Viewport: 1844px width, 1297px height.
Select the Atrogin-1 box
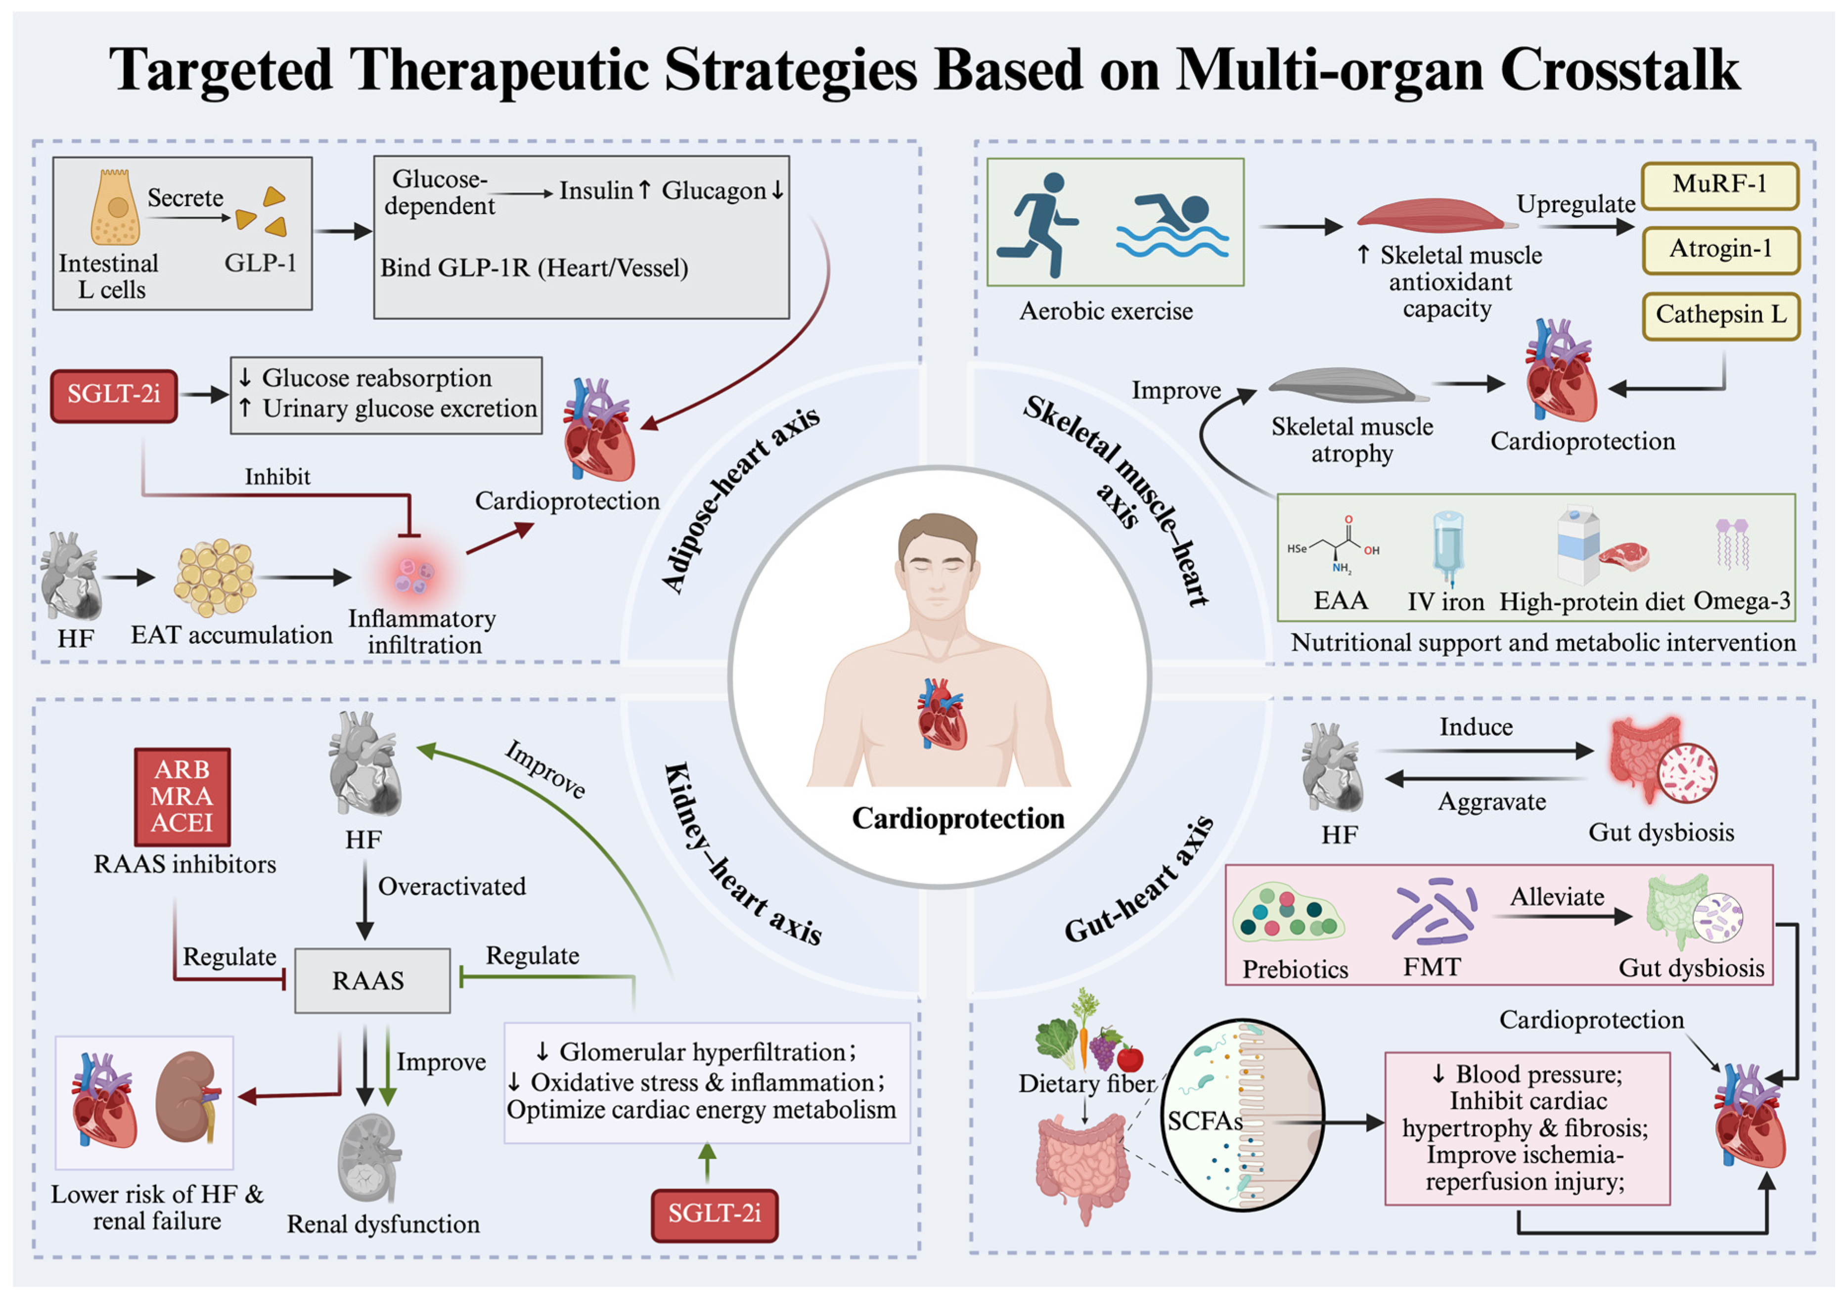pyautogui.click(x=1720, y=250)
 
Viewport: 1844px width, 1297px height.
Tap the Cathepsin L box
pyautogui.click(x=1720, y=315)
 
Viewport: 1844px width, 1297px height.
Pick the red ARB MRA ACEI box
pyautogui.click(x=182, y=796)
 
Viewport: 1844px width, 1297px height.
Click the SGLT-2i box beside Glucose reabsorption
pyautogui.click(x=114, y=395)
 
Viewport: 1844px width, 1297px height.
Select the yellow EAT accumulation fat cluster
pyautogui.click(x=215, y=577)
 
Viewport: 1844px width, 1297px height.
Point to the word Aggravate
pyautogui.click(x=1491, y=802)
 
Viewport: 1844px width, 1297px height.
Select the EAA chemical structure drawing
pyautogui.click(x=1333, y=546)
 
